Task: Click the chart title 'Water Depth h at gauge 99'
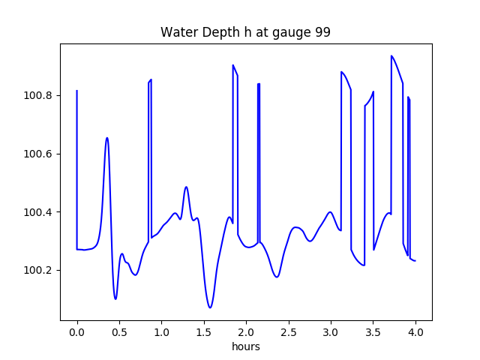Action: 246,33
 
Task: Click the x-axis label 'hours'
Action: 246,347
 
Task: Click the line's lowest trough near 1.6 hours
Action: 210,307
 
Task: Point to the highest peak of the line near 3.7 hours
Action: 391,55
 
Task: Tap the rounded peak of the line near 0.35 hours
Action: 107,138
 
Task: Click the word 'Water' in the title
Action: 177,33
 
